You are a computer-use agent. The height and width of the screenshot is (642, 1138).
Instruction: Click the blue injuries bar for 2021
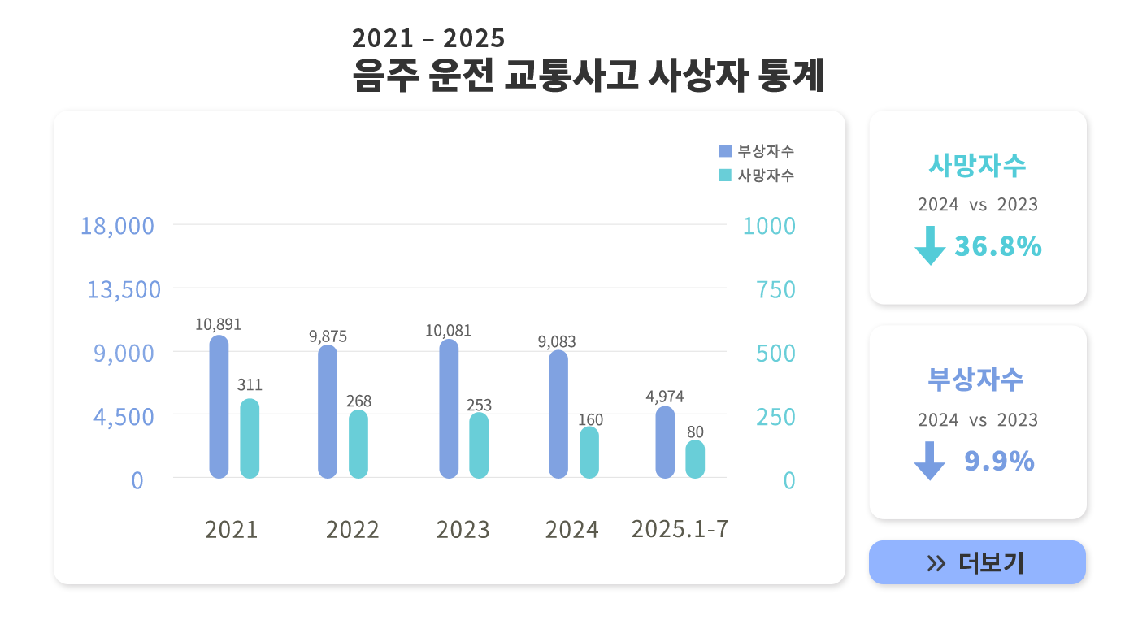pyautogui.click(x=219, y=406)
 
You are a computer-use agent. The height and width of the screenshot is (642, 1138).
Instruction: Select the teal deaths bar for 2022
pyautogui.click(x=358, y=444)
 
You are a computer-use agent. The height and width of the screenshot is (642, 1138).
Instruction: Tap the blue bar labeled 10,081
pyautogui.click(x=449, y=409)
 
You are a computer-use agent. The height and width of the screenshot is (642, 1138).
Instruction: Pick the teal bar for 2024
pyautogui.click(x=589, y=453)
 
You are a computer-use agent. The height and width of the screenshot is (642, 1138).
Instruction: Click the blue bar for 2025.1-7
pyautogui.click(x=665, y=442)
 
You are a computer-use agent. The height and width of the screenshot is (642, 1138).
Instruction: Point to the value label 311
pyautogui.click(x=250, y=385)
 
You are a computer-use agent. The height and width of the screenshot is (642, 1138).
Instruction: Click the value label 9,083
pyautogui.click(x=557, y=342)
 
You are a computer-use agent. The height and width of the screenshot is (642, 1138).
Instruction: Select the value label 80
pyautogui.click(x=695, y=432)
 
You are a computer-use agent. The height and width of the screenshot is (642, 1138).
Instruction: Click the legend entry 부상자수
pyautogui.click(x=757, y=150)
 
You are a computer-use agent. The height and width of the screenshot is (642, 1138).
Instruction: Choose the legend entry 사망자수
pyautogui.click(x=757, y=175)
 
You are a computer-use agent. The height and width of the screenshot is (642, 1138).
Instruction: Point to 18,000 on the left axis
pyautogui.click(x=117, y=226)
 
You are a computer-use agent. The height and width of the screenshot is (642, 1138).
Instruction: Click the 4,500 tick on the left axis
pyautogui.click(x=124, y=417)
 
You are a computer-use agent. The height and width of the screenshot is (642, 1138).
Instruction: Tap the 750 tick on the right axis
pyautogui.click(x=775, y=289)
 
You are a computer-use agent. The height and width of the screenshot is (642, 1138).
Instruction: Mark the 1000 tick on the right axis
pyautogui.click(x=769, y=226)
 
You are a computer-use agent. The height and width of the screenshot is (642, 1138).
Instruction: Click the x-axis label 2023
pyautogui.click(x=463, y=530)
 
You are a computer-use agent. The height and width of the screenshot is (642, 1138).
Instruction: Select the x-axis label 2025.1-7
pyautogui.click(x=680, y=529)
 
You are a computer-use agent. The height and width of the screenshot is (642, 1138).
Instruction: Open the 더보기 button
pyautogui.click(x=977, y=562)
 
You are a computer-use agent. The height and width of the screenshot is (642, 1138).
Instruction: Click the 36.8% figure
pyautogui.click(x=998, y=246)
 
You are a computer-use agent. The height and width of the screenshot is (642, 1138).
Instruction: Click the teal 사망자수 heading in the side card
pyautogui.click(x=977, y=165)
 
